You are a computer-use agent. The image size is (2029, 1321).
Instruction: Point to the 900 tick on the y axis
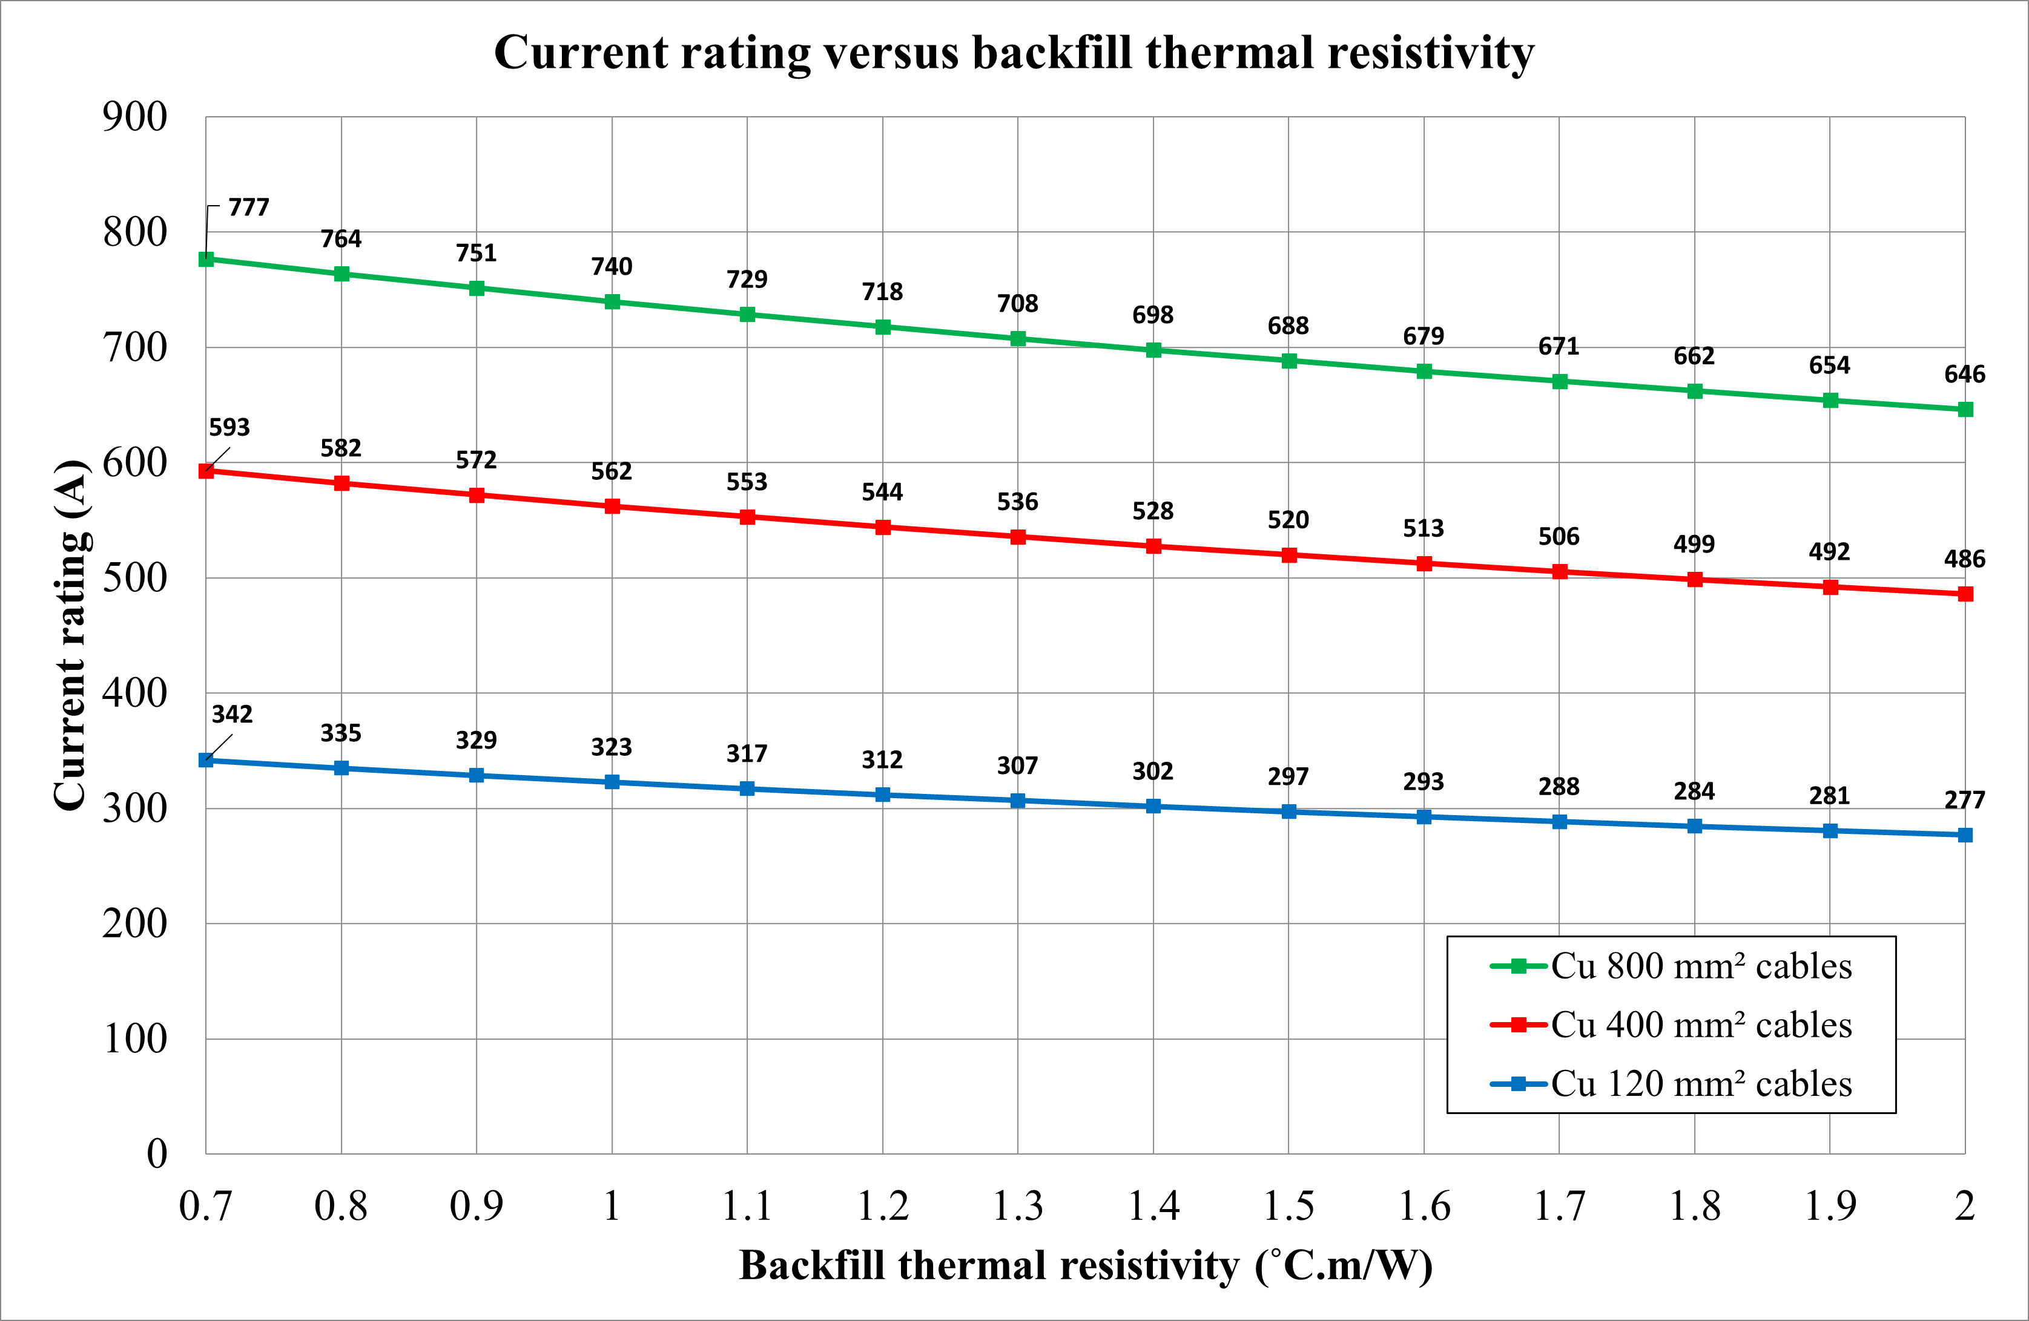134,117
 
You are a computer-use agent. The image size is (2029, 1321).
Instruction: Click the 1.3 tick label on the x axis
1018,1206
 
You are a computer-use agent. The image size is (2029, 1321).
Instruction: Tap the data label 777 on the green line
249,207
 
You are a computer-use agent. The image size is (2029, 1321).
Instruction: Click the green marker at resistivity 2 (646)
1965,410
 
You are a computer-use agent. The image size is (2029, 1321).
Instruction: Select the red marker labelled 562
612,506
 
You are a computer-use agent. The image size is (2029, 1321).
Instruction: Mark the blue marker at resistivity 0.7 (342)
205,759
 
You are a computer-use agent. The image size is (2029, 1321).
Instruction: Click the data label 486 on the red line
1964,559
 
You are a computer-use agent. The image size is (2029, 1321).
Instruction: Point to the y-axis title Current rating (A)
71,635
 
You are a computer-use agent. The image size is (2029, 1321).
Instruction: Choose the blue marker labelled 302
1153,806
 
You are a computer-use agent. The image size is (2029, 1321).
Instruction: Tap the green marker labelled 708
1018,338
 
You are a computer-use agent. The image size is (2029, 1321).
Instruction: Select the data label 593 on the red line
229,427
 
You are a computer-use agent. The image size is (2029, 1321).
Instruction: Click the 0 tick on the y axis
157,1154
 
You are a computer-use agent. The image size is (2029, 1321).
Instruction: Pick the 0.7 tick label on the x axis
205,1206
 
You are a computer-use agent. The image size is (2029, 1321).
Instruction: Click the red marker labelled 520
1289,555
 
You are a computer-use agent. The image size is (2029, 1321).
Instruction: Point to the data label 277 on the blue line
1964,800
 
